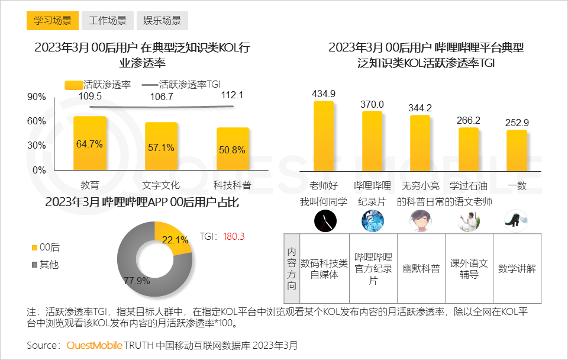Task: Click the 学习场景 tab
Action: (53, 21)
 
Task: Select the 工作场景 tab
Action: (108, 21)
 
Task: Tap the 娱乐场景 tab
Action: (162, 21)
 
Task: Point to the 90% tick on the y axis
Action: (36, 97)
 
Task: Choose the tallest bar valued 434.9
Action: (324, 136)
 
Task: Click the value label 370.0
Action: (372, 104)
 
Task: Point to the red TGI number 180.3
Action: (234, 236)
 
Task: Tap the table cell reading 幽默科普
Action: (421, 268)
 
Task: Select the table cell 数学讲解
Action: (517, 268)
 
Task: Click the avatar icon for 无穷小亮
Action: (421, 220)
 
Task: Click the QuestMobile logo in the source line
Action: (95, 345)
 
